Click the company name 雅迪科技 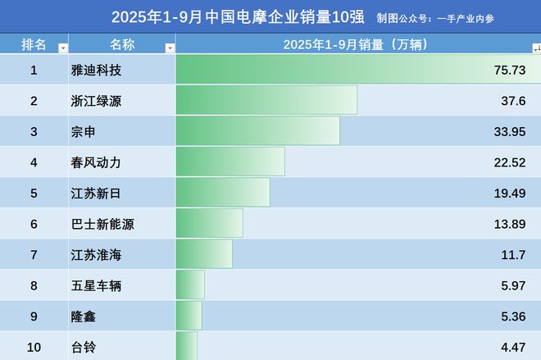coord(96,71)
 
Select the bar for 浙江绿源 coord(266,101)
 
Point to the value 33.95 coord(510,131)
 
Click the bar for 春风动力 coord(230,162)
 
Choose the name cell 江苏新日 coord(96,193)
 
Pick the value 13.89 coord(510,223)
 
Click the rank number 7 coord(34,254)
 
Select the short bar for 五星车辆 coord(190,285)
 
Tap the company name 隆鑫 coord(84,316)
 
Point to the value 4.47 coord(513,347)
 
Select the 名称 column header coord(121,44)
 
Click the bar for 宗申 coord(258,131)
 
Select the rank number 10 coord(34,347)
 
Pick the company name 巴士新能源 coord(102,223)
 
